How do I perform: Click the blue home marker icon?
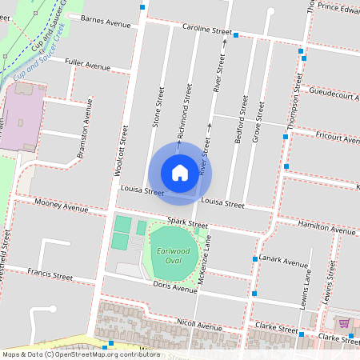180,172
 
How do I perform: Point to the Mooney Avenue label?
62,207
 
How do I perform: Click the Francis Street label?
50,277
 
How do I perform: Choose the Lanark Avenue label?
285,262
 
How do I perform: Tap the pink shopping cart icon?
344,323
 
